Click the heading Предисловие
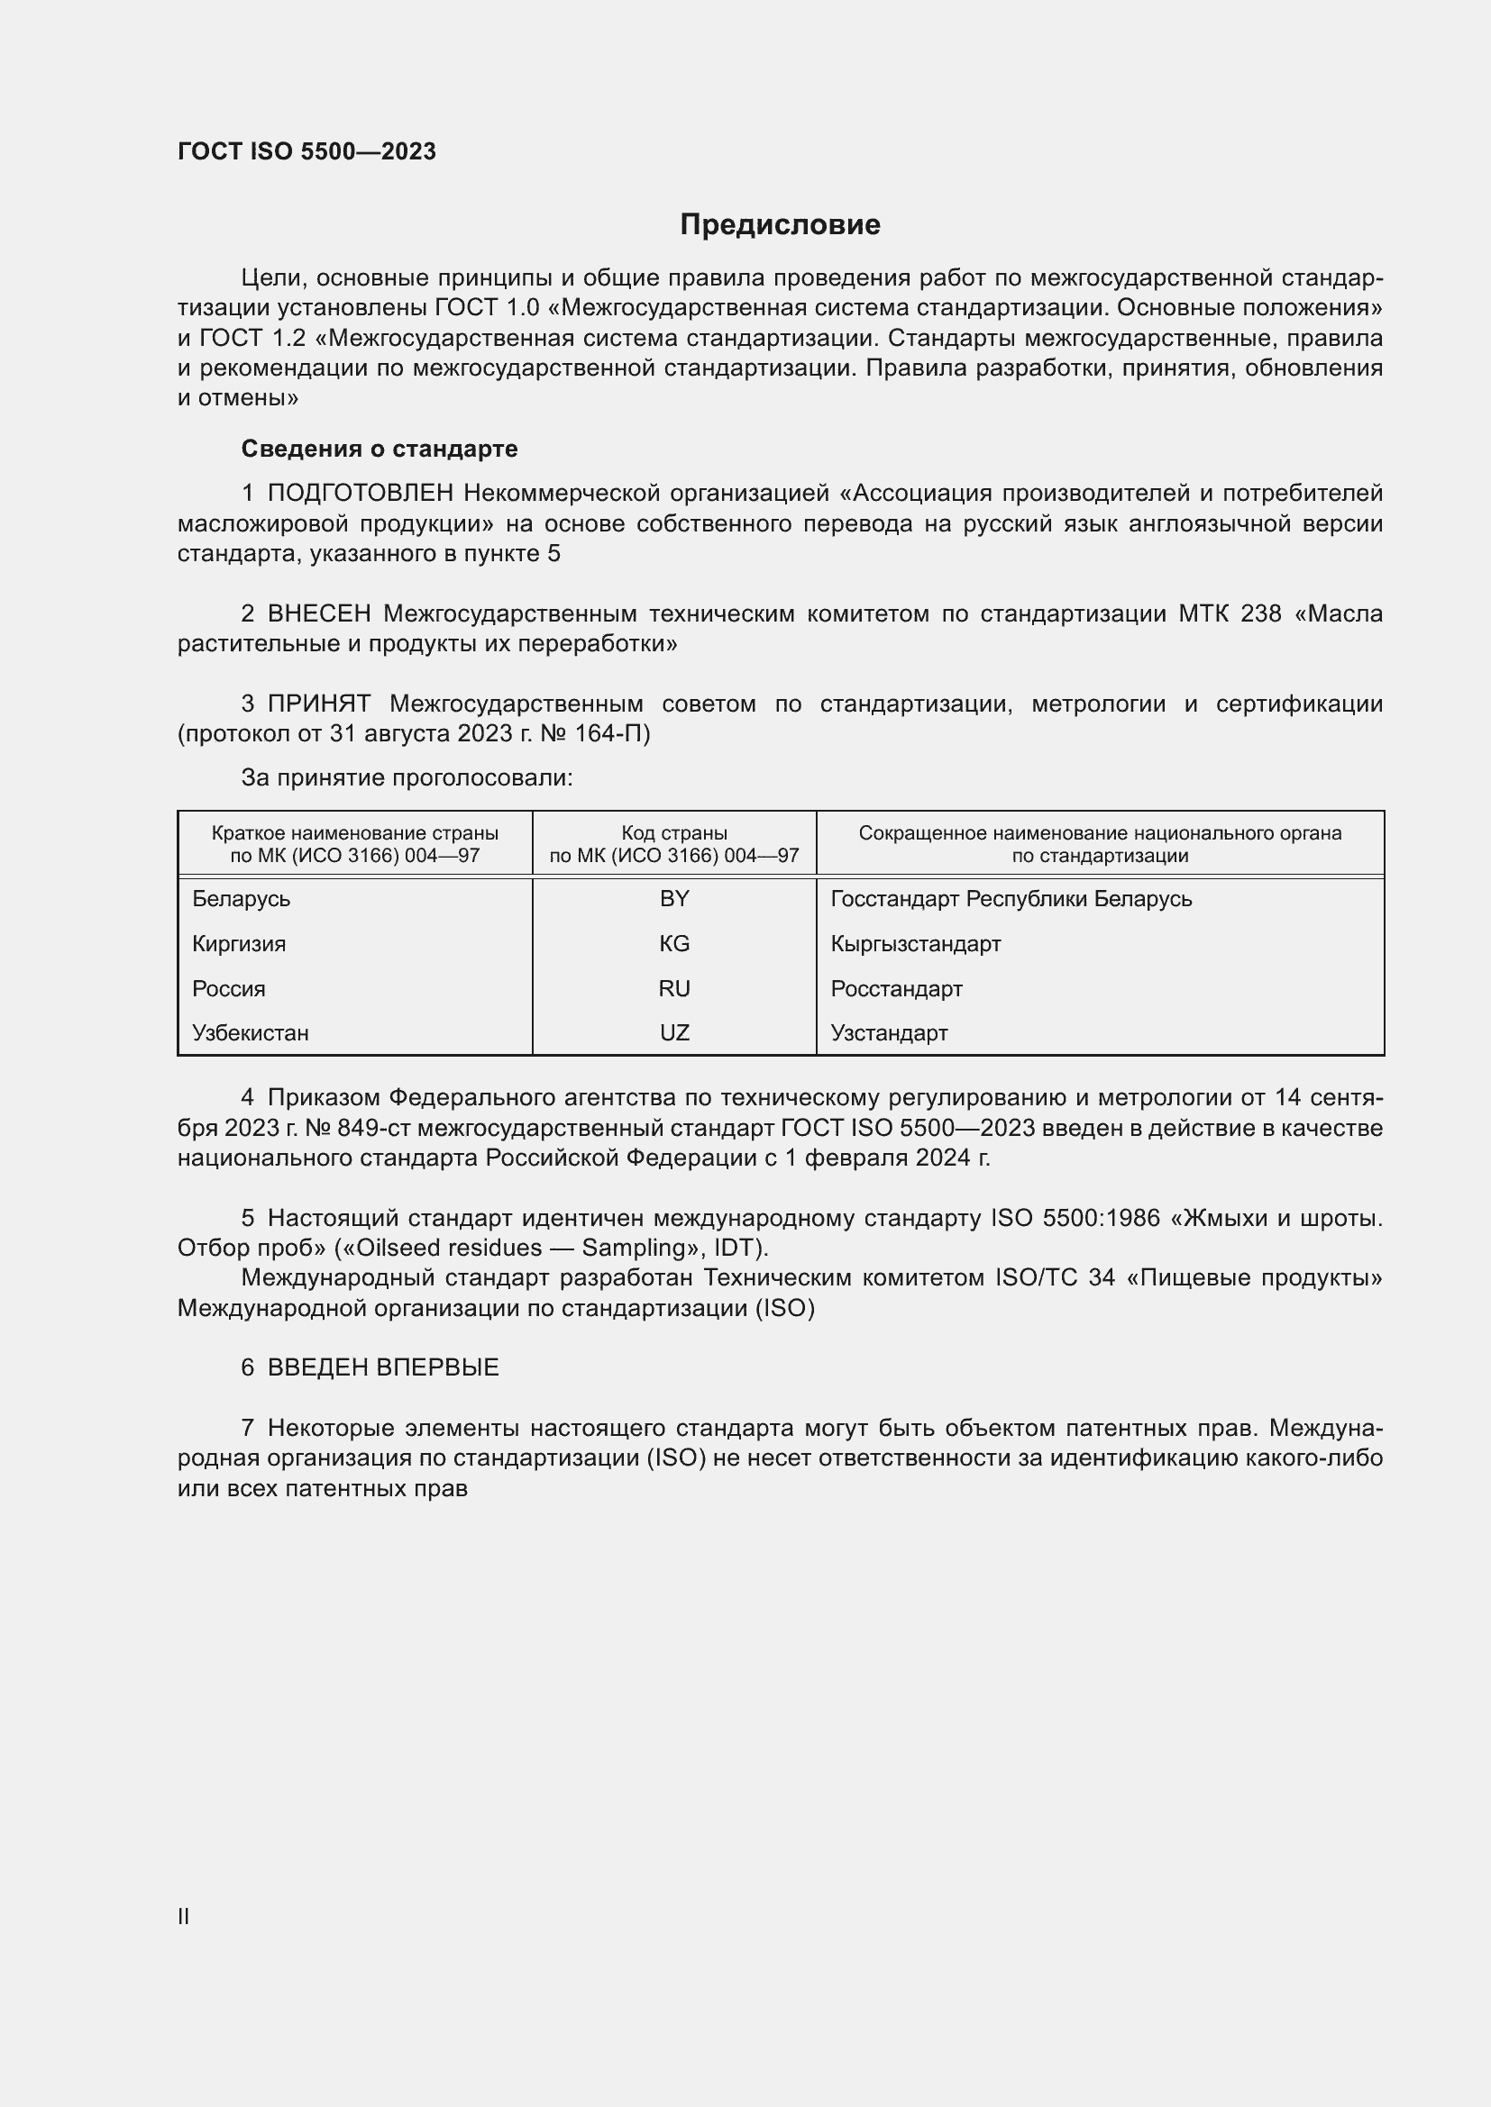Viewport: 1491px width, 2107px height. (x=780, y=225)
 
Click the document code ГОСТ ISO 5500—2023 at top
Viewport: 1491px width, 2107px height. (x=306, y=151)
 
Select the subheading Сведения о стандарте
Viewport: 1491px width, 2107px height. (x=380, y=449)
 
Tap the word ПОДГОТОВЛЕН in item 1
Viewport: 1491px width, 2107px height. (x=360, y=494)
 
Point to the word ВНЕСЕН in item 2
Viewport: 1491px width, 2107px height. (x=319, y=613)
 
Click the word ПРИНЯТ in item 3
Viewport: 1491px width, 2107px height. (x=318, y=704)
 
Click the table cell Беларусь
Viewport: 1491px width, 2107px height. (x=242, y=899)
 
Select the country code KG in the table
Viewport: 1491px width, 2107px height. (x=674, y=944)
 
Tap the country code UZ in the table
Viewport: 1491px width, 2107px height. (x=674, y=1033)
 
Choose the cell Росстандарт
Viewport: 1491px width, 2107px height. (x=896, y=989)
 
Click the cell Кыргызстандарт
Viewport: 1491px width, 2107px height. (x=915, y=944)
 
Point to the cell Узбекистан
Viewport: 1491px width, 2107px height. (x=251, y=1033)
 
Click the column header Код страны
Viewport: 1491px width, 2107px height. (x=674, y=833)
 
